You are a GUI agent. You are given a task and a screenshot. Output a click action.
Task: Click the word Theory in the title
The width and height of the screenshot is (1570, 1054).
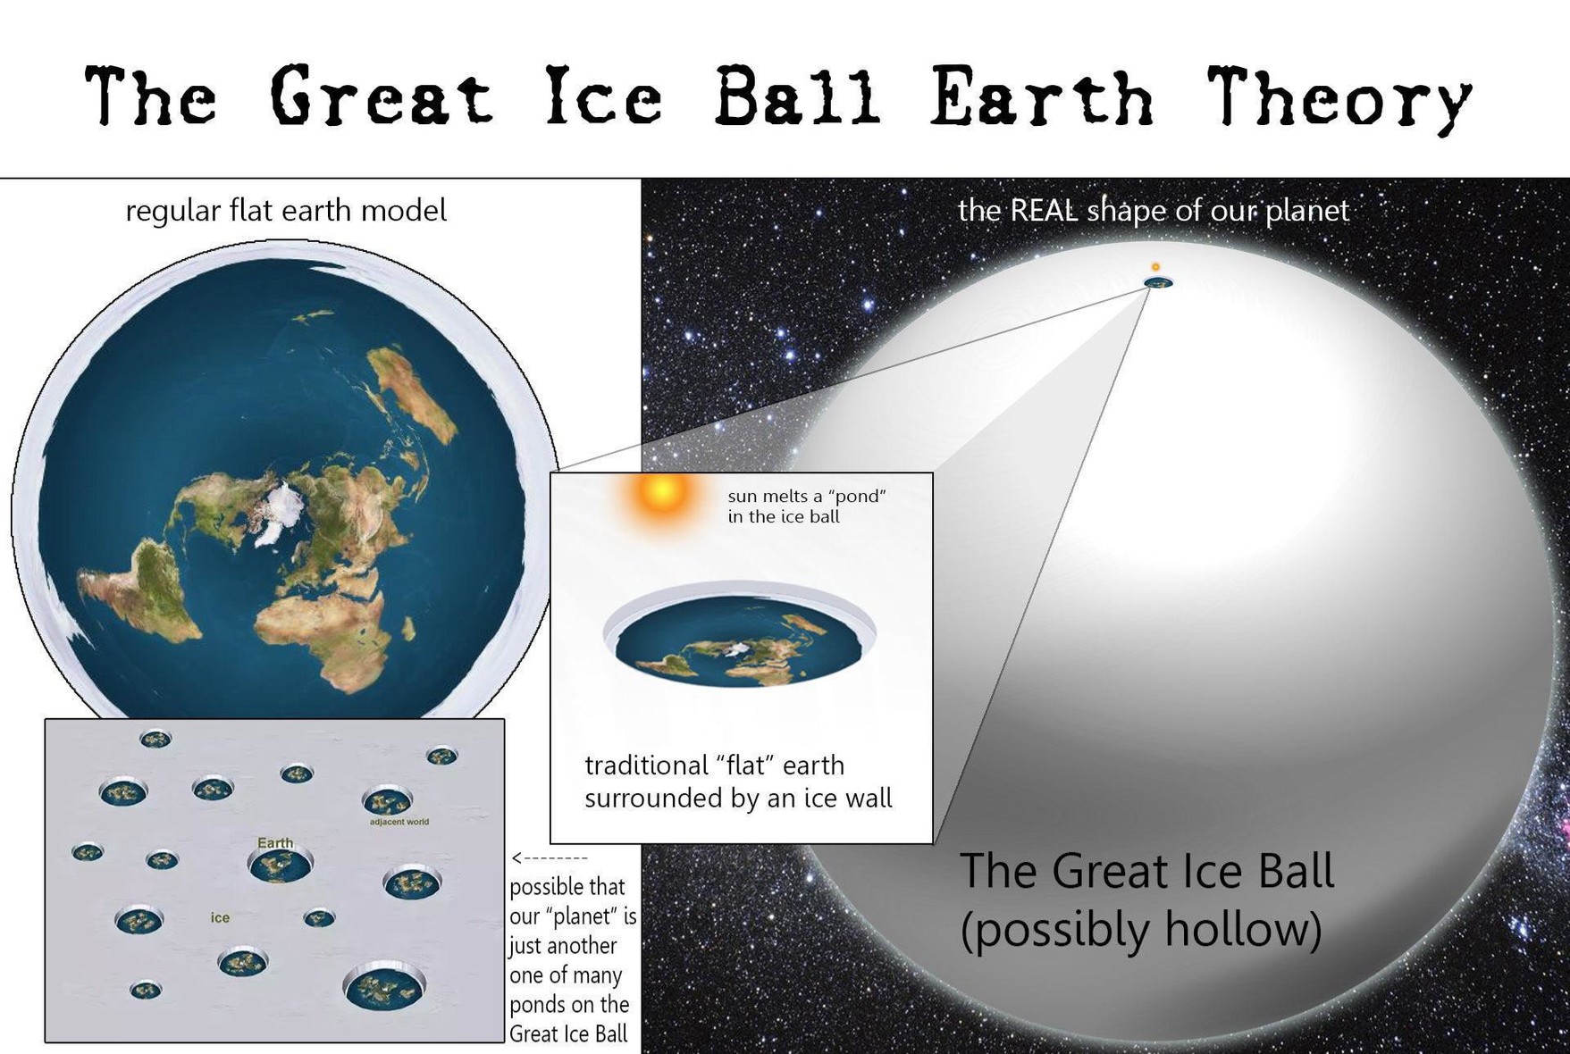point(1339,97)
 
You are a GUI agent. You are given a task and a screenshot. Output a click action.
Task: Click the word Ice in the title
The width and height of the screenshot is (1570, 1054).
point(604,95)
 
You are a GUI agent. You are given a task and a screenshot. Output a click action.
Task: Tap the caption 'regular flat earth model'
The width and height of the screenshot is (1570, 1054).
point(286,211)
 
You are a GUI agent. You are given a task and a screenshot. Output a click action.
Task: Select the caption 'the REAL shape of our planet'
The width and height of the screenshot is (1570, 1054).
point(1154,211)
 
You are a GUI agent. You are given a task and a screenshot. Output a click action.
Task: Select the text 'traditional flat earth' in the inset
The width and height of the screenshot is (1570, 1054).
point(714,765)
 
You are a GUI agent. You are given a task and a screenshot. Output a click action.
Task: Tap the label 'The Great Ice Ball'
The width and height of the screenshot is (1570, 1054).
point(1146,871)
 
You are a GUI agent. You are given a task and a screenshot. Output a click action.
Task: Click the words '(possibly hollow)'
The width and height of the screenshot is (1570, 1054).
point(1141,930)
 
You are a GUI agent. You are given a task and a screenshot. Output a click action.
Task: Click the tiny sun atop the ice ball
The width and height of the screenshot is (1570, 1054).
point(1155,267)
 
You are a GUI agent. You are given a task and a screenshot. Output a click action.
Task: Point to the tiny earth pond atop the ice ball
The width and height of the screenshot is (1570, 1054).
point(1159,283)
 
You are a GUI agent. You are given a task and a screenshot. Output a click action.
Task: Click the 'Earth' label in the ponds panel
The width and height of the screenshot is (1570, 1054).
point(275,843)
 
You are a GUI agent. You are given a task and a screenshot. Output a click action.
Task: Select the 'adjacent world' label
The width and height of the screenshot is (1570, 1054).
point(399,822)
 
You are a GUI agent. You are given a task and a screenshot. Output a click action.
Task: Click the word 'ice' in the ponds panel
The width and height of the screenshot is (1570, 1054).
point(220,917)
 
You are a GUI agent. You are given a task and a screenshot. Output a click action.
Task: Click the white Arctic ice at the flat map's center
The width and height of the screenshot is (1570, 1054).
point(279,513)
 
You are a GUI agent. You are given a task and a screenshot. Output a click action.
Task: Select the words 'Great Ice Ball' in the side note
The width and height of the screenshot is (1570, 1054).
point(568,1034)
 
